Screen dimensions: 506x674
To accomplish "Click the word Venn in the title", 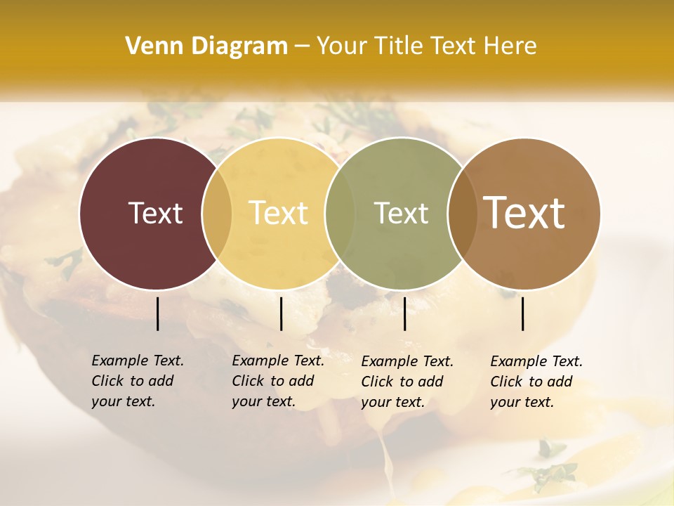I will click(150, 46).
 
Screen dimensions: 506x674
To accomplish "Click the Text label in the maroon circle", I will click(155, 213).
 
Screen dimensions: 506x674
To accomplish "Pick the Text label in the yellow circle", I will click(279, 213).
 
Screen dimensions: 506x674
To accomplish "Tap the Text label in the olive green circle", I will click(401, 213).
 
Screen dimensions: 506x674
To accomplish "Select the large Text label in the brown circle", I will click(524, 213).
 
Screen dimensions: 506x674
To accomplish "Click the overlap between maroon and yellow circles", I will click(217, 214).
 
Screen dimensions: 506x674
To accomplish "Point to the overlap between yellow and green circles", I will click(340, 214).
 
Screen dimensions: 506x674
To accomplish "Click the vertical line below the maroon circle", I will click(157, 313).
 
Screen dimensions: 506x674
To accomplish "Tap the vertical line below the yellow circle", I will click(281, 313).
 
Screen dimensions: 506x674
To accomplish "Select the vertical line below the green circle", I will click(404, 313).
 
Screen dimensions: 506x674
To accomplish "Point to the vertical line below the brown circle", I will click(523, 313).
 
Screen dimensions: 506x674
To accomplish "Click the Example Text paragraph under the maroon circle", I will click(138, 381).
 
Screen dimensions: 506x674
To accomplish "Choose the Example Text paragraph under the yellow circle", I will click(278, 381).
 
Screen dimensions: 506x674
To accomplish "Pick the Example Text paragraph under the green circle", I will click(407, 382).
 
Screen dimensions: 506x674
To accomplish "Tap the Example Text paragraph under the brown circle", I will click(536, 382).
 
